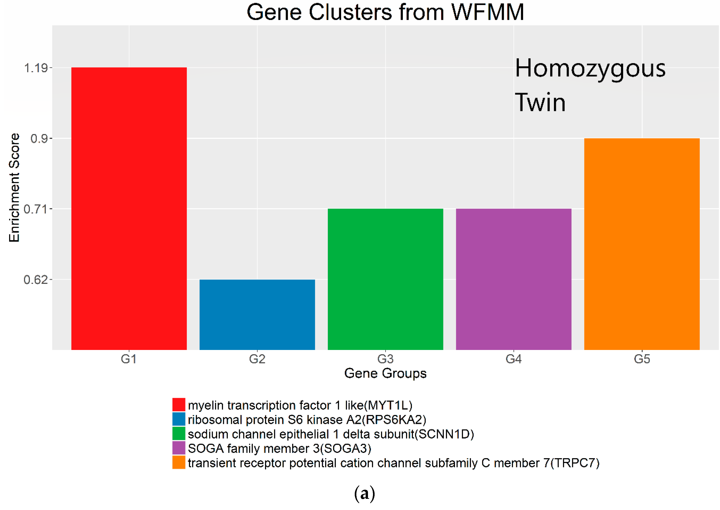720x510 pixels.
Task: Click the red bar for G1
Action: [x=129, y=209]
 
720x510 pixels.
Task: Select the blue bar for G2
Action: [x=257, y=314]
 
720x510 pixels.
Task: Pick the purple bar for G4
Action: [x=514, y=279]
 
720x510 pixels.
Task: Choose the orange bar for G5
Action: [x=642, y=244]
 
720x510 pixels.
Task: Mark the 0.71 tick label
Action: [x=36, y=209]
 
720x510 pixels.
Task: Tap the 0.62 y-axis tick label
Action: [x=36, y=280]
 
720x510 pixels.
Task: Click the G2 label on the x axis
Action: [x=257, y=359]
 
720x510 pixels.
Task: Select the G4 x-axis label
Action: [x=514, y=359]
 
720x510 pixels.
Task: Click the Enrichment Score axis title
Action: [x=14, y=188]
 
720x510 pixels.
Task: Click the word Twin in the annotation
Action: [x=540, y=103]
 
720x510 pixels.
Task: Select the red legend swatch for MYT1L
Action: [x=179, y=405]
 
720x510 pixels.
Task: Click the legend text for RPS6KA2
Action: [x=307, y=419]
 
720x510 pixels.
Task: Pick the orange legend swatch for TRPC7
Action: [x=179, y=463]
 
